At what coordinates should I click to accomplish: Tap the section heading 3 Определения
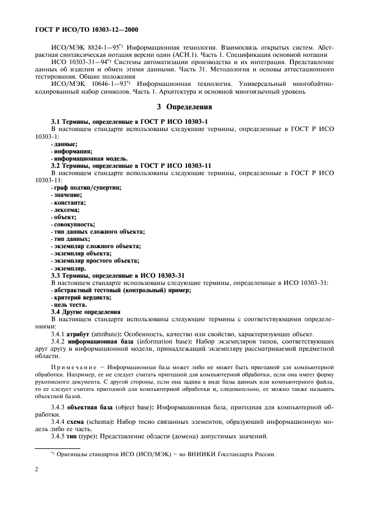[184, 107]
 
